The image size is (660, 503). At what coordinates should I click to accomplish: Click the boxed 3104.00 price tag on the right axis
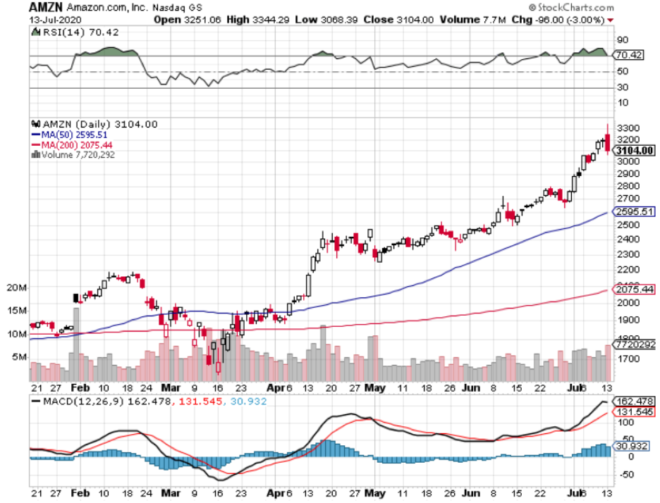[x=634, y=151]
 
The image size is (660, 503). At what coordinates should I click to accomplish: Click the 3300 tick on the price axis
[x=628, y=128]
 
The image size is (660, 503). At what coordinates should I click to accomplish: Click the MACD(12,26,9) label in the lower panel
[x=75, y=402]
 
